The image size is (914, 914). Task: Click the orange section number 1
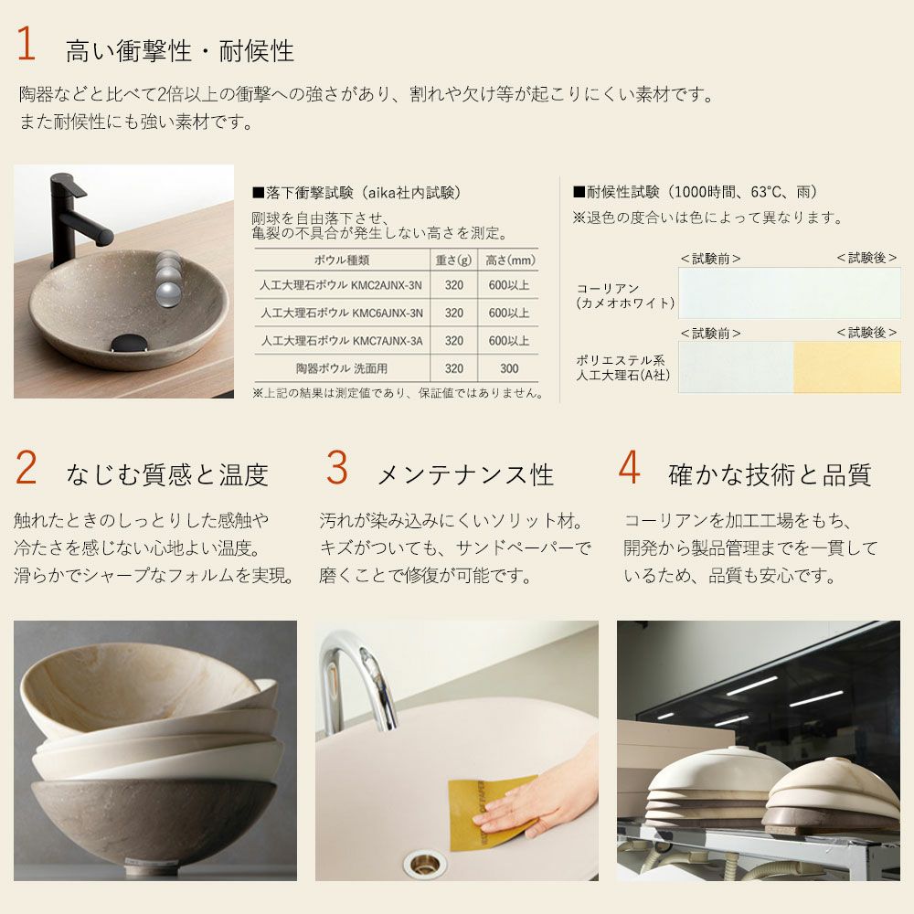coord(26,43)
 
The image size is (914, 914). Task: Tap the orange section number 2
coord(27,467)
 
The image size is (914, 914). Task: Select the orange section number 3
coord(337,467)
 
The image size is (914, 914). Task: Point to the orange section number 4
coord(630,467)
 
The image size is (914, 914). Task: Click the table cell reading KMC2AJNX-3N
coord(341,285)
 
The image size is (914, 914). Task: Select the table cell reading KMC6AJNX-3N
coord(342,313)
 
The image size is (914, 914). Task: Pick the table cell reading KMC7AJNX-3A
coord(342,341)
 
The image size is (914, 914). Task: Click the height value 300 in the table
coord(509,368)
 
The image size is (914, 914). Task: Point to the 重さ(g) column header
coord(453,260)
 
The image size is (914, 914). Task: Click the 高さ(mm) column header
coord(510,260)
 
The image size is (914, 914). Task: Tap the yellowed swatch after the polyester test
coord(847,367)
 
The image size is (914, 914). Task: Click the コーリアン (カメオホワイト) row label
coord(625,295)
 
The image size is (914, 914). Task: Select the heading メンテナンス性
coord(465,475)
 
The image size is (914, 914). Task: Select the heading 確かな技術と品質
coord(770,475)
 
